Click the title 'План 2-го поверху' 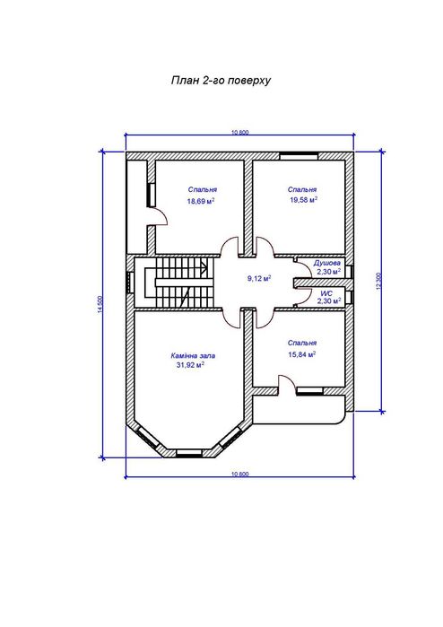(x=221, y=81)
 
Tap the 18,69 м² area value (x=201, y=201)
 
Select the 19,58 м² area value (x=303, y=200)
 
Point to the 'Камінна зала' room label (x=193, y=355)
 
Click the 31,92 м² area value (x=190, y=365)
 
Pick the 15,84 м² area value (x=302, y=354)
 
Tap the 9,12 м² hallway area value (x=259, y=278)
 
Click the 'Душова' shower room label (x=327, y=263)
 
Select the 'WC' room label (x=326, y=293)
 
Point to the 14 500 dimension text (x=100, y=304)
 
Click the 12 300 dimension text (x=379, y=281)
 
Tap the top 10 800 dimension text (x=240, y=133)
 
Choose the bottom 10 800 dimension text (x=240, y=475)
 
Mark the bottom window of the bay (x=189, y=453)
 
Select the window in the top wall (x=299, y=156)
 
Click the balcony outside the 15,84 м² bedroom (x=299, y=410)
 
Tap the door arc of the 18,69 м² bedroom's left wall (x=161, y=217)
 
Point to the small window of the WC (x=350, y=298)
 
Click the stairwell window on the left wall (x=130, y=283)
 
